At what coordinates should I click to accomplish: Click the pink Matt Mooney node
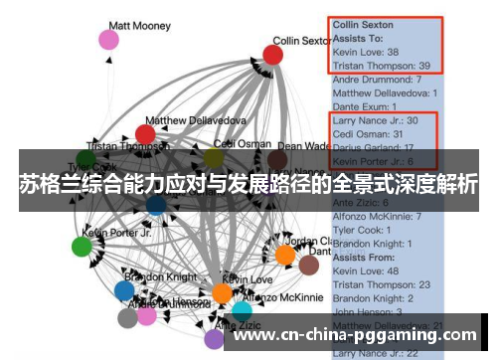pyautogui.click(x=108, y=40)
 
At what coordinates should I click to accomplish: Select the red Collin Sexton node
pyautogui.click(x=272, y=54)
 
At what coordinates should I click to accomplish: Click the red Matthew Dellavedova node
pyautogui.click(x=145, y=134)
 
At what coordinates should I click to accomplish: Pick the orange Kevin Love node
pyautogui.click(x=223, y=293)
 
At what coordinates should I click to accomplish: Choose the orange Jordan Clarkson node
pyautogui.click(x=285, y=256)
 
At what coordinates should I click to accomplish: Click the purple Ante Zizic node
pyautogui.click(x=214, y=338)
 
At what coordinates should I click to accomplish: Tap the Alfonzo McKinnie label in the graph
pyautogui.click(x=282, y=297)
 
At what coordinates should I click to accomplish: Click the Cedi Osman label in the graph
pyautogui.click(x=235, y=143)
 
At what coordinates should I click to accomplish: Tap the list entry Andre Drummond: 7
pyautogui.click(x=377, y=79)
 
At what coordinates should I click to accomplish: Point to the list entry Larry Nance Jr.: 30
pyautogui.click(x=376, y=120)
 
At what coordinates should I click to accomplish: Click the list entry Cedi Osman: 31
pyautogui.click(x=367, y=134)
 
